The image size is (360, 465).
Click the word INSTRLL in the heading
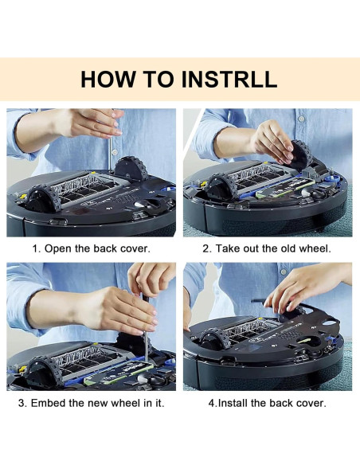229,79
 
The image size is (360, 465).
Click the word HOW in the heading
108,79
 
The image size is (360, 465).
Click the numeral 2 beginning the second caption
205,248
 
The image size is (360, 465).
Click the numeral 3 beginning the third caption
22,403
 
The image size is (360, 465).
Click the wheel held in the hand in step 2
300,155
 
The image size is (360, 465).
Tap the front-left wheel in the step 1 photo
41,199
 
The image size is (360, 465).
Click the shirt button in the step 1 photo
115,152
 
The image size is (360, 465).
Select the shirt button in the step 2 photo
301,119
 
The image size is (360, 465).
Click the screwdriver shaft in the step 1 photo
109,154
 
